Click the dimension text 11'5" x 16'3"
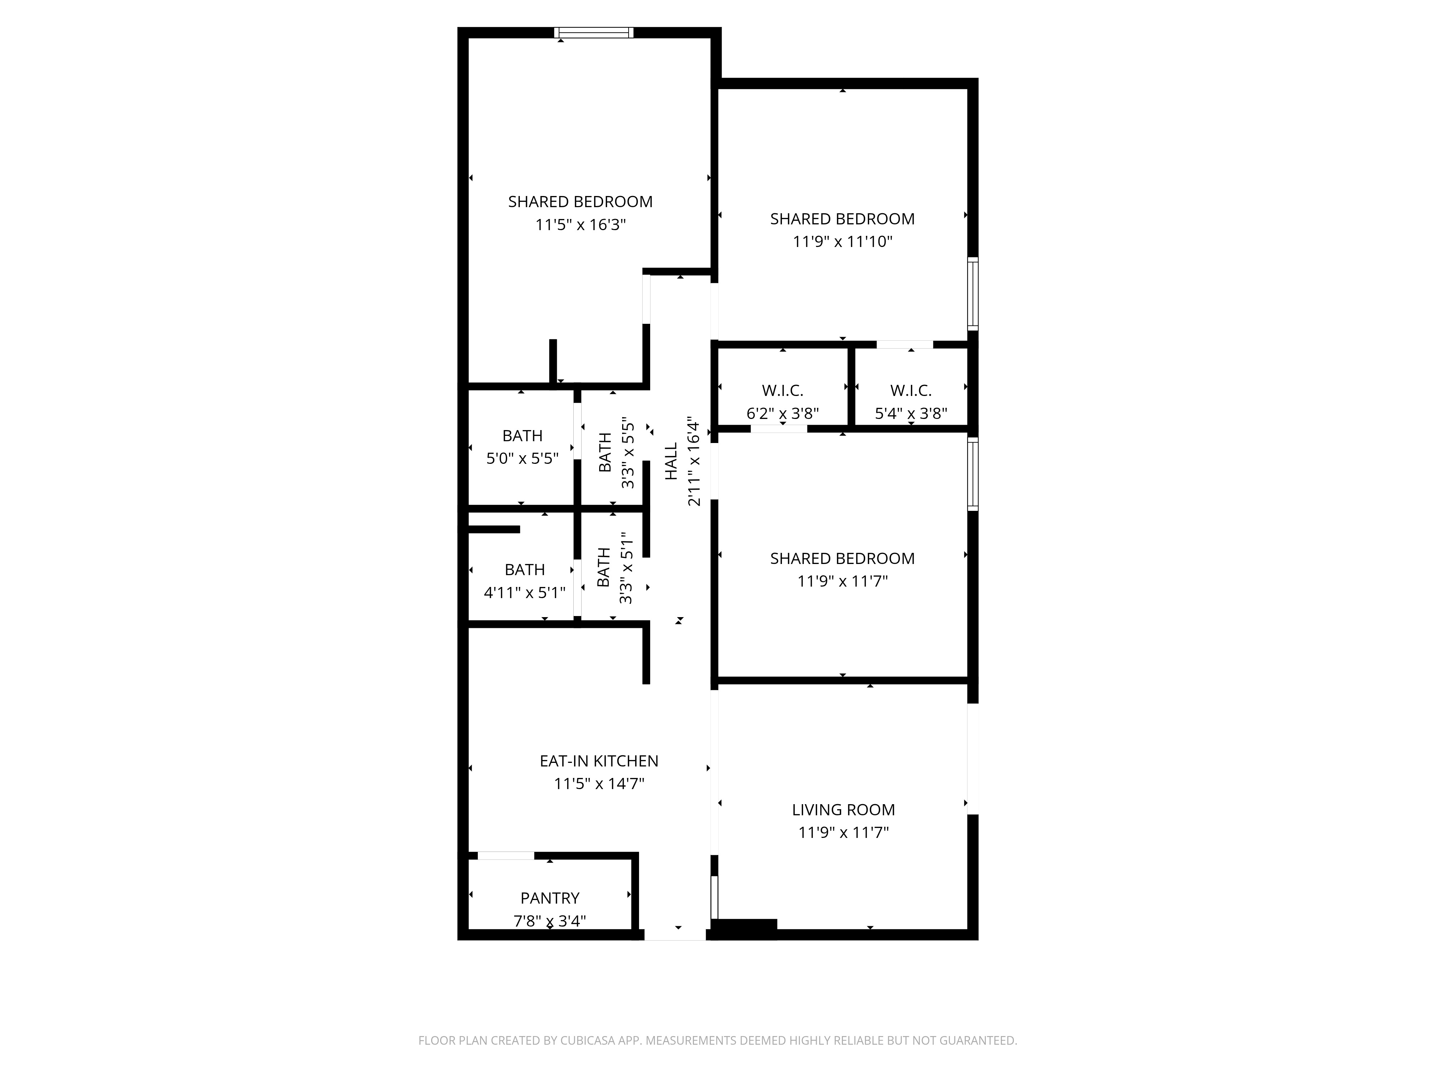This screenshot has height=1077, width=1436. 581,225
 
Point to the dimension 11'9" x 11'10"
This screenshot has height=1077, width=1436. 842,242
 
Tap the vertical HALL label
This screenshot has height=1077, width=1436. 671,462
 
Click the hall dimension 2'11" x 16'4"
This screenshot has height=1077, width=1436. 694,462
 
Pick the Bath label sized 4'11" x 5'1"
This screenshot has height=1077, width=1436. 524,569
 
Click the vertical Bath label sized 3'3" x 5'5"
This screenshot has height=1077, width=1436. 605,452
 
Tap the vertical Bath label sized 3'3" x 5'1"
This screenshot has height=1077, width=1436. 603,567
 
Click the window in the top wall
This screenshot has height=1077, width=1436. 593,32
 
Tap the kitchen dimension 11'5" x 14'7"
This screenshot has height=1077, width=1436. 598,784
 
